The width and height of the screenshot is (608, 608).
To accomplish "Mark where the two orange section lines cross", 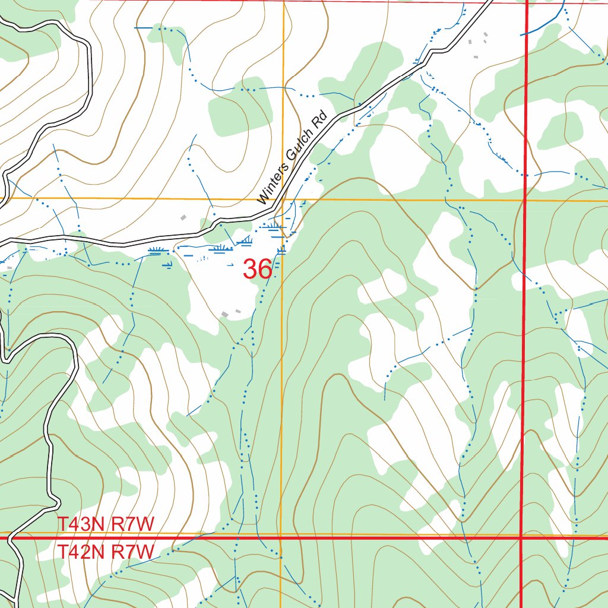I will [x=283, y=199].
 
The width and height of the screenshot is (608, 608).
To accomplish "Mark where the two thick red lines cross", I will [x=521, y=538].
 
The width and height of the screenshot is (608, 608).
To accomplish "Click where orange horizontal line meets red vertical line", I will [x=525, y=201].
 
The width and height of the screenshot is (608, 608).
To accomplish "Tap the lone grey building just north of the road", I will [x=183, y=218].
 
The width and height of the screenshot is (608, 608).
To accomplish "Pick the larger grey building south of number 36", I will [x=225, y=313].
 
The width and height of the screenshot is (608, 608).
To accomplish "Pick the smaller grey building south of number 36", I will [x=238, y=311].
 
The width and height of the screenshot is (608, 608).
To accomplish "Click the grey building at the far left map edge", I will [x=9, y=268].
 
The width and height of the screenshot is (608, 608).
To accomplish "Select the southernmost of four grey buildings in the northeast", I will [x=476, y=56].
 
